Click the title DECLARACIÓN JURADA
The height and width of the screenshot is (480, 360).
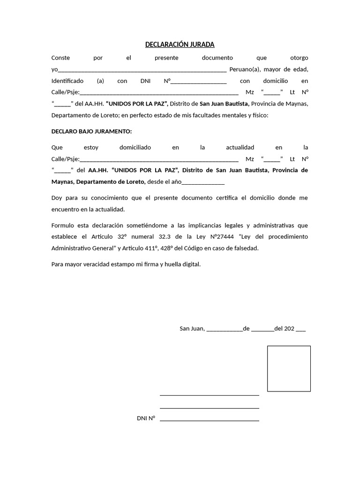[x=180, y=45]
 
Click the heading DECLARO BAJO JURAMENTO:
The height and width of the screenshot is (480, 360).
[x=91, y=131]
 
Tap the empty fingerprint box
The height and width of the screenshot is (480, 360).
[x=289, y=368]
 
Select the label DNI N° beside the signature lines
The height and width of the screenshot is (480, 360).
[x=146, y=418]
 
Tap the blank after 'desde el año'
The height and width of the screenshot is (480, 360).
[x=203, y=182]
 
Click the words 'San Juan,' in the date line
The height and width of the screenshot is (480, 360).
[x=192, y=329]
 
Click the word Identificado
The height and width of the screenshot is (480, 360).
[x=67, y=81]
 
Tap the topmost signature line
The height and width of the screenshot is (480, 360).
[x=209, y=395]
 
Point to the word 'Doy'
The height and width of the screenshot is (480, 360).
[x=56, y=198]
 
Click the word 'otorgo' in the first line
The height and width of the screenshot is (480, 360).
[x=299, y=58]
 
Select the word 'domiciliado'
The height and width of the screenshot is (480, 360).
[x=135, y=147]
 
